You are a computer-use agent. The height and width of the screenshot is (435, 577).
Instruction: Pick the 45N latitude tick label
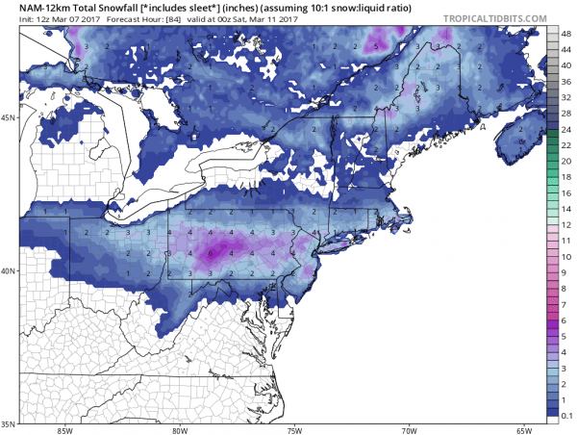[11, 117]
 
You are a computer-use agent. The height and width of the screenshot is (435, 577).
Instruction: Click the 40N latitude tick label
[11, 270]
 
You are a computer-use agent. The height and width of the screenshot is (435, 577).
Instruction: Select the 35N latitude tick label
[11, 423]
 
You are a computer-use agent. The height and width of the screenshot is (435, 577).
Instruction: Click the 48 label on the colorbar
[564, 34]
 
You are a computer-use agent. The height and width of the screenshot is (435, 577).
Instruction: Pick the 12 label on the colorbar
[564, 223]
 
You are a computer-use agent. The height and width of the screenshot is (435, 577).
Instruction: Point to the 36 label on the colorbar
[564, 81]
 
